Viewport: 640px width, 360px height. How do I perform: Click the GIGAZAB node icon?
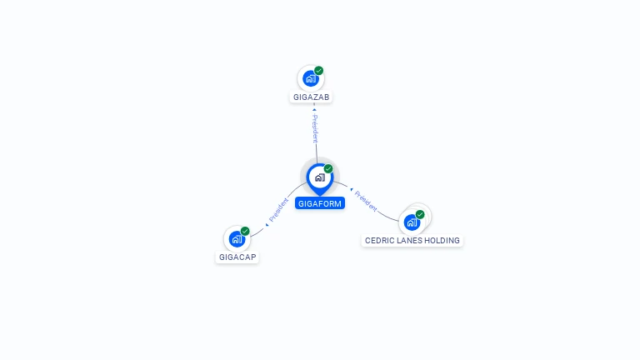(x=311, y=78)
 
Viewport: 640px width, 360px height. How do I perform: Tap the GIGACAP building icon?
(x=237, y=239)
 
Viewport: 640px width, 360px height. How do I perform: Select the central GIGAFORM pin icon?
(x=320, y=179)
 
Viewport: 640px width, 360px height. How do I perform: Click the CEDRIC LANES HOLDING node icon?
(x=412, y=222)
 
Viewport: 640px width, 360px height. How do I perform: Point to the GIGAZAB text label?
(x=311, y=97)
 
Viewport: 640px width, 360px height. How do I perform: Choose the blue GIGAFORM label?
(x=320, y=203)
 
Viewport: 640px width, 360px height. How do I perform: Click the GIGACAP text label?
(x=237, y=257)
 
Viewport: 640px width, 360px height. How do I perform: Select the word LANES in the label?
(x=410, y=240)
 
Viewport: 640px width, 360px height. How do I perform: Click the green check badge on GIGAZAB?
(x=319, y=71)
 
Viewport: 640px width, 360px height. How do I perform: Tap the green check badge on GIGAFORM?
(x=328, y=168)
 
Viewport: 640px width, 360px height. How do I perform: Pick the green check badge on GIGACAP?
(x=245, y=231)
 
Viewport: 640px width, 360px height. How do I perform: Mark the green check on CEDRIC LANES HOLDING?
(x=420, y=214)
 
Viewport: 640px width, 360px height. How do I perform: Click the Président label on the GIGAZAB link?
(x=315, y=128)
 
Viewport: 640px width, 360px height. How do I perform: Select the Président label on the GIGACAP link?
(x=278, y=210)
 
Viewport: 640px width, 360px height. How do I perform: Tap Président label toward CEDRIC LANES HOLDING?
(x=366, y=201)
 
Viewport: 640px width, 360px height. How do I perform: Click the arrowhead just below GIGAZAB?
(x=314, y=109)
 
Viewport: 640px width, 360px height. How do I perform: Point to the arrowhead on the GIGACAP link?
(x=267, y=224)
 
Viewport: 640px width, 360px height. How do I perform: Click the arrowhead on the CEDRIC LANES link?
(x=351, y=189)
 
